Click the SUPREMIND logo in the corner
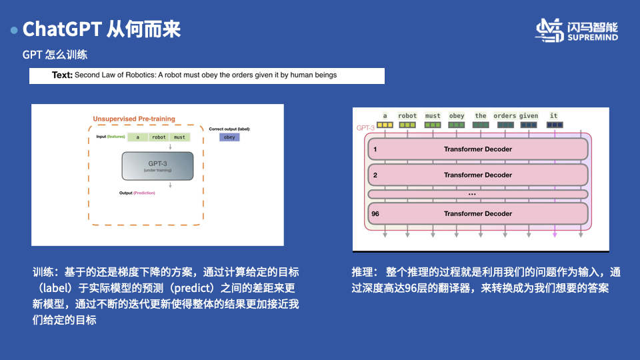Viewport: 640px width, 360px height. pos(577,31)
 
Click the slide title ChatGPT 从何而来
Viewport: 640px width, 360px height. pos(101,29)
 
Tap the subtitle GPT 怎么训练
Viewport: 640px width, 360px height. pos(55,55)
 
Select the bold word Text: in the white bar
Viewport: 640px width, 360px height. pos(62,75)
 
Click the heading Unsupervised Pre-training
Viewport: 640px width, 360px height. pos(134,119)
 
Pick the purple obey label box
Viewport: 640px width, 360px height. pos(229,137)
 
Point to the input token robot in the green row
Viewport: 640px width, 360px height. pos(159,137)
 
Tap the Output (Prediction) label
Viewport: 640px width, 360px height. pos(137,193)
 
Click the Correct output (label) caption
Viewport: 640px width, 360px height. pos(229,128)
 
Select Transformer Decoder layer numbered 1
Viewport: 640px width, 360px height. pos(477,149)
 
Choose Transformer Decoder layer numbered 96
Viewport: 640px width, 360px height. pos(477,214)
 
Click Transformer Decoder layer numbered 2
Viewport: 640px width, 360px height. pos(477,175)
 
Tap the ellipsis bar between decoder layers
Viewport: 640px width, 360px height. pos(477,194)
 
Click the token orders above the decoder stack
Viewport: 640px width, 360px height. pos(505,116)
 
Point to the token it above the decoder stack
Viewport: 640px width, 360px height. pos(554,116)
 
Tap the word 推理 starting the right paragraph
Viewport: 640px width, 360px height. pos(362,272)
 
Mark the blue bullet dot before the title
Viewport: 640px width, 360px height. pos(13,31)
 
